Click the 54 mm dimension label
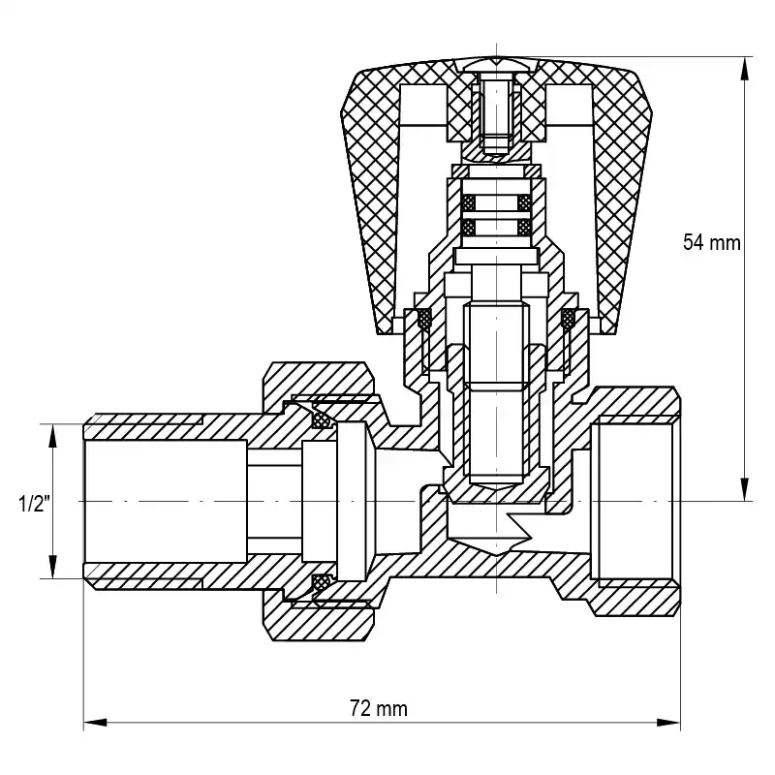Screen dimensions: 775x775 pyautogui.click(x=712, y=243)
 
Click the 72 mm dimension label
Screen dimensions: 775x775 pyautogui.click(x=379, y=708)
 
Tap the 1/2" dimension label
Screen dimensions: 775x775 pyautogui.click(x=34, y=504)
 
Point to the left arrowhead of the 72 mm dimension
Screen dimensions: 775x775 pyautogui.click(x=95, y=723)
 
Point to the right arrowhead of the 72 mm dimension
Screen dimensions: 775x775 pyautogui.click(x=668, y=723)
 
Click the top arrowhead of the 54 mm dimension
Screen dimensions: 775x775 pyautogui.click(x=743, y=69)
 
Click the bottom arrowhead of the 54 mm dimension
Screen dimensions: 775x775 pyautogui.click(x=743, y=489)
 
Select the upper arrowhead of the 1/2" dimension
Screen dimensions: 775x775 pyautogui.click(x=52, y=436)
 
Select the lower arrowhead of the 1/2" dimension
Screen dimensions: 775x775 pyautogui.click(x=52, y=567)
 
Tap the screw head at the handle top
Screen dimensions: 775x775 pyautogui.click(x=496, y=64)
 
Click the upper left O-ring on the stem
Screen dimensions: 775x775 pyautogui.click(x=468, y=202)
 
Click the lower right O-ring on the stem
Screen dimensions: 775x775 pyautogui.click(x=524, y=227)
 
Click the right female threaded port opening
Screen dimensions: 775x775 pyautogui.click(x=635, y=501)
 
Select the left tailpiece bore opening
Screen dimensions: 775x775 pyautogui.click(x=166, y=501)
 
